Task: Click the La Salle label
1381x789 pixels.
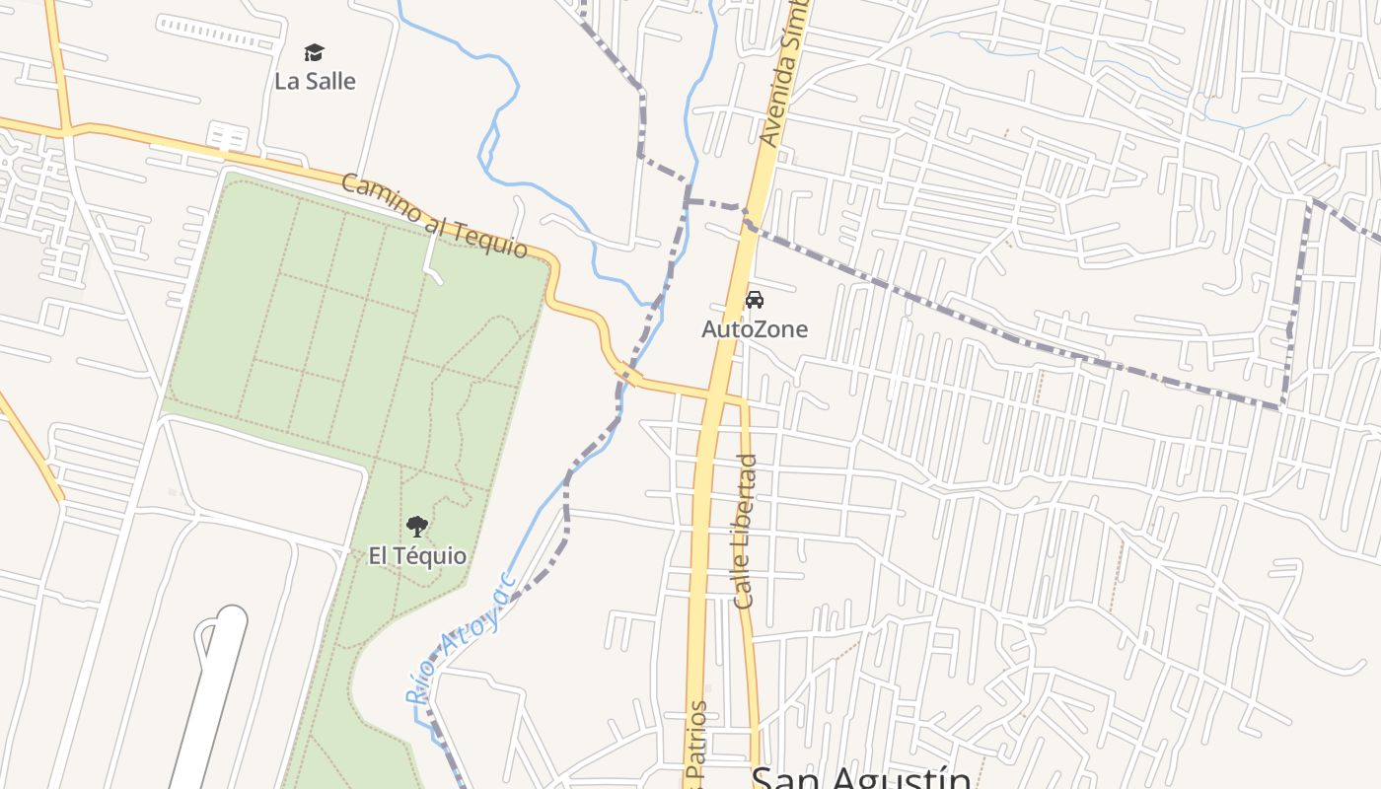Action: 315,81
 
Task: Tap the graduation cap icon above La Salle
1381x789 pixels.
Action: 314,52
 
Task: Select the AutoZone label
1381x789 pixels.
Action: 754,329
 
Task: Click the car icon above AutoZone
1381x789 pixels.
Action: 754,300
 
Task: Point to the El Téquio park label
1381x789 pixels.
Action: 417,556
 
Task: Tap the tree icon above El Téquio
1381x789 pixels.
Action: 417,527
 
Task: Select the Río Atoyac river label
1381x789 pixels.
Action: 462,639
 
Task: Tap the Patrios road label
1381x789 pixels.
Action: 698,745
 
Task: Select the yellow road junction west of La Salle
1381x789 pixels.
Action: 65,129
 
